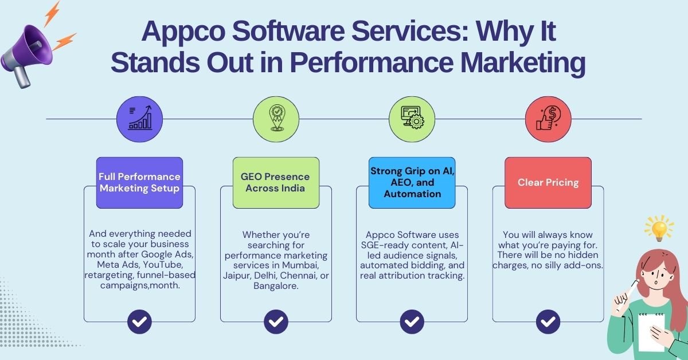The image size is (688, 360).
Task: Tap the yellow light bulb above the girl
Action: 659,228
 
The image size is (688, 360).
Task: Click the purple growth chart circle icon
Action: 139,119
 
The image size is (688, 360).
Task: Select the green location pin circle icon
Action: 276,119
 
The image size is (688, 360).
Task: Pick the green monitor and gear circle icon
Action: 412,119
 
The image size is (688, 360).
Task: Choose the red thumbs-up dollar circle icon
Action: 548,119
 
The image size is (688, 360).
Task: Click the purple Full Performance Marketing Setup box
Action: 139,183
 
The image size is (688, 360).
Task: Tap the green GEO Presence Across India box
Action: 276,183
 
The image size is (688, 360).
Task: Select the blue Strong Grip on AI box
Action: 412,183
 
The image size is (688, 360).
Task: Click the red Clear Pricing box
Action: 548,183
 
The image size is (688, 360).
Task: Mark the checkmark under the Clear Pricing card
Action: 548,322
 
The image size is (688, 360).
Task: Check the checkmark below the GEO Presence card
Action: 276,322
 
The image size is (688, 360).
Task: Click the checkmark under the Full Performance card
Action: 139,322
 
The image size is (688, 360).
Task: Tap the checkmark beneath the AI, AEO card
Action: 412,322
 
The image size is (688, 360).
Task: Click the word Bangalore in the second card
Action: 276,285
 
